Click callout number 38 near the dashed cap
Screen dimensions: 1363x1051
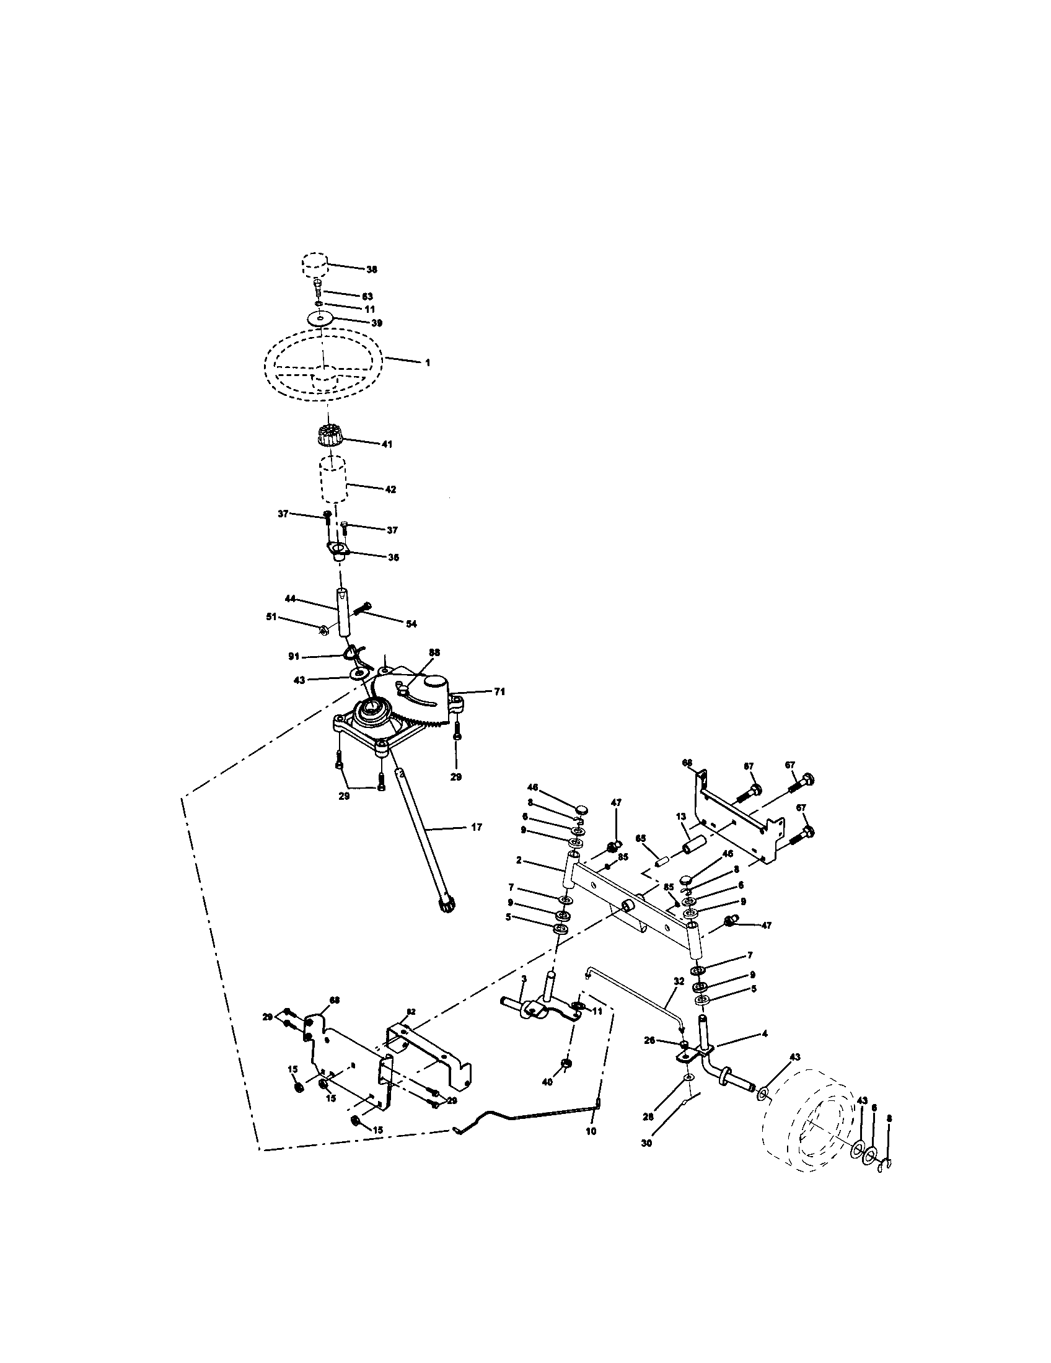coord(371,270)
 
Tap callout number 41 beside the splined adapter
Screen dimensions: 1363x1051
coord(387,444)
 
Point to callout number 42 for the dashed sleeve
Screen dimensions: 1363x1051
coord(390,490)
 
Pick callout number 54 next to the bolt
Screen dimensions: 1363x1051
coord(411,623)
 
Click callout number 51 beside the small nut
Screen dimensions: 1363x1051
coord(271,617)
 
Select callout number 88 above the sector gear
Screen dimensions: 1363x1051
coord(434,652)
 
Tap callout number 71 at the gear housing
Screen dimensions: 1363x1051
coord(499,691)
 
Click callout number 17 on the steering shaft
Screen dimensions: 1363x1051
coord(476,827)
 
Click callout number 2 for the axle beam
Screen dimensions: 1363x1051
coord(519,860)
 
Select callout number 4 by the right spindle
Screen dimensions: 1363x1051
coord(764,1033)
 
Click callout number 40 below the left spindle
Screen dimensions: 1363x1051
coord(547,1083)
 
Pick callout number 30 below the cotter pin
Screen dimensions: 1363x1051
coord(646,1143)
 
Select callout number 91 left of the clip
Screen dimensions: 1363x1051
coord(293,657)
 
